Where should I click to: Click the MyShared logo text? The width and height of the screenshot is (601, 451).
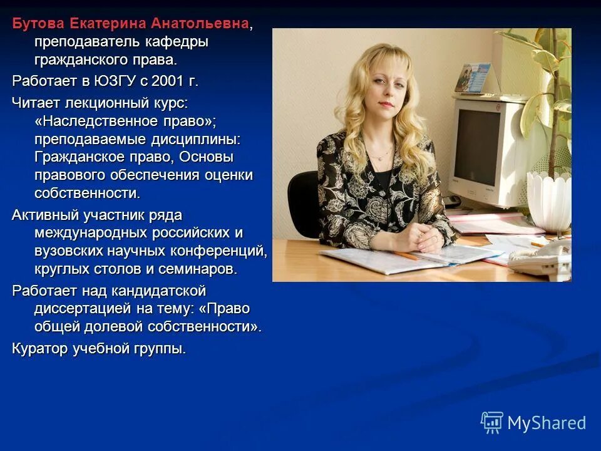(x=547, y=423)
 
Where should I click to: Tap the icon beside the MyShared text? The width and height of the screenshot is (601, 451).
(x=491, y=422)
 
